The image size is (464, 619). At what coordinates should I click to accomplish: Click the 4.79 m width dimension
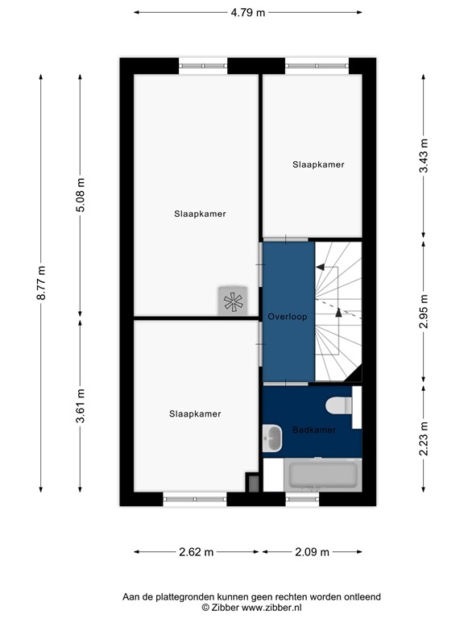(247, 13)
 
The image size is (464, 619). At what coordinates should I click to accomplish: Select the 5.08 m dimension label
(80, 195)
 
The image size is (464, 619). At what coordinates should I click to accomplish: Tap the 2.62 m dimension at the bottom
(196, 552)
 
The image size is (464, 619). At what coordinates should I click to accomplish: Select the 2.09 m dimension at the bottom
(312, 552)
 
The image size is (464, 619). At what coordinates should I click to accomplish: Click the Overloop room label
(288, 317)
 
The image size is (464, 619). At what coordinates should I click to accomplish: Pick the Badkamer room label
(313, 430)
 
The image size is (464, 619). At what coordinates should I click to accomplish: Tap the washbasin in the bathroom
(272, 439)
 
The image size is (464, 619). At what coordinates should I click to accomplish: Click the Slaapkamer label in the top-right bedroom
(317, 164)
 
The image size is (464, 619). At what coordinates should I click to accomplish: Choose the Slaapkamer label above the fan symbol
(200, 214)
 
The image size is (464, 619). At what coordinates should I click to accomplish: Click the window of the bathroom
(302, 499)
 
